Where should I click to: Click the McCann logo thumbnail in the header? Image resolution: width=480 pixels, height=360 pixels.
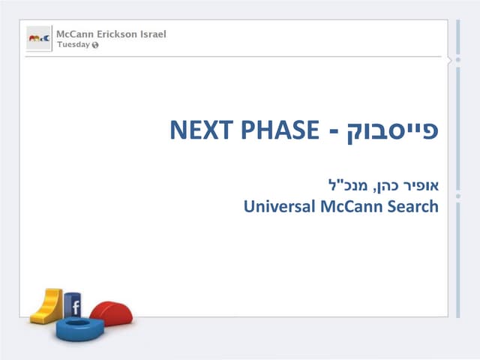coord(39,37)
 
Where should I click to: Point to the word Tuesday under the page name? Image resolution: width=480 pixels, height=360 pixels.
coord(73,44)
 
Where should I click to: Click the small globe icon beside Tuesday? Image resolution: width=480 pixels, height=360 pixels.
coord(95,45)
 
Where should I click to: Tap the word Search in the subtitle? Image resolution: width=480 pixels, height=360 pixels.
coord(413,205)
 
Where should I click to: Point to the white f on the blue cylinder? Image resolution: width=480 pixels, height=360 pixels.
coord(76,306)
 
